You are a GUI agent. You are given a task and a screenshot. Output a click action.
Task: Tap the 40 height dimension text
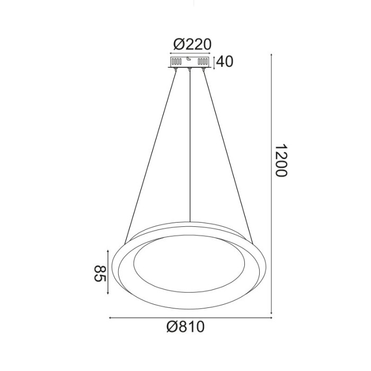(225, 61)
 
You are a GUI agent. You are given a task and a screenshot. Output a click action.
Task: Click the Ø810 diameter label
(185, 328)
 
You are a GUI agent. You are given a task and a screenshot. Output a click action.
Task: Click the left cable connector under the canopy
(175, 69)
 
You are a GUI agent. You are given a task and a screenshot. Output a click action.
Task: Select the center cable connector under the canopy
(189, 69)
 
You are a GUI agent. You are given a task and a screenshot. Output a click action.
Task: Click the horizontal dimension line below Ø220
(189, 53)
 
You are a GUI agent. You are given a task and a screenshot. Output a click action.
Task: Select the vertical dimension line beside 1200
(272, 185)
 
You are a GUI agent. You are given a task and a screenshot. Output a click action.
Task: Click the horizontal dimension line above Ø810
(189, 317)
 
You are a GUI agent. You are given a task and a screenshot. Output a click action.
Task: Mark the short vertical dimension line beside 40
(214, 61)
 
